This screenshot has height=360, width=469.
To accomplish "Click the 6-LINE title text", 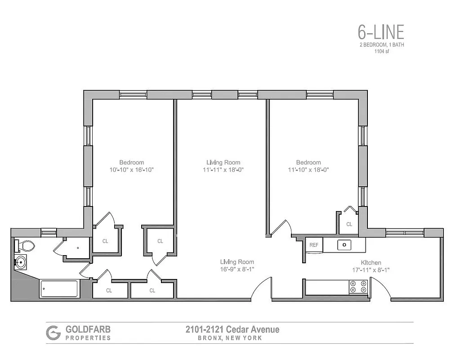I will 380,32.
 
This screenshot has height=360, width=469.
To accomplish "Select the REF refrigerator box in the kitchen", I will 314,245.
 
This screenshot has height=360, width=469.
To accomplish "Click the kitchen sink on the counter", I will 344,245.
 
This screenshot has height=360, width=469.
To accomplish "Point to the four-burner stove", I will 359,287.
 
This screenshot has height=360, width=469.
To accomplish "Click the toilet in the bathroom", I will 26,246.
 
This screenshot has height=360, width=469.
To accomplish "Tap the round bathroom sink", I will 21,261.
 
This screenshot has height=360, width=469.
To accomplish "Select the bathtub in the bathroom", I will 59,288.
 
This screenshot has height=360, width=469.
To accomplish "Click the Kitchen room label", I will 371,263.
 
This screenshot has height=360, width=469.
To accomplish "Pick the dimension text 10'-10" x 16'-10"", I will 131,170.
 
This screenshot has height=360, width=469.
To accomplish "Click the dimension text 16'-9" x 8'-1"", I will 237,269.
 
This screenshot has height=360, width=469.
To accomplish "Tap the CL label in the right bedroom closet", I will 349,224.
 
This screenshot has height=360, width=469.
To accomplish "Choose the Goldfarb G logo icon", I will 53,333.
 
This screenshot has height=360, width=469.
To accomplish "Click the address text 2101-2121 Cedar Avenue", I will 232,329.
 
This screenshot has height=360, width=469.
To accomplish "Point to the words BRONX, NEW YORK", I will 230,338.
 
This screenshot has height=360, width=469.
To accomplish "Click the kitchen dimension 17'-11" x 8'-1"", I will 371,270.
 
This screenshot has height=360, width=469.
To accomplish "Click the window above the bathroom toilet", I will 49,232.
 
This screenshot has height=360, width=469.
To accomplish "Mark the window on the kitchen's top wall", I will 405,233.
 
